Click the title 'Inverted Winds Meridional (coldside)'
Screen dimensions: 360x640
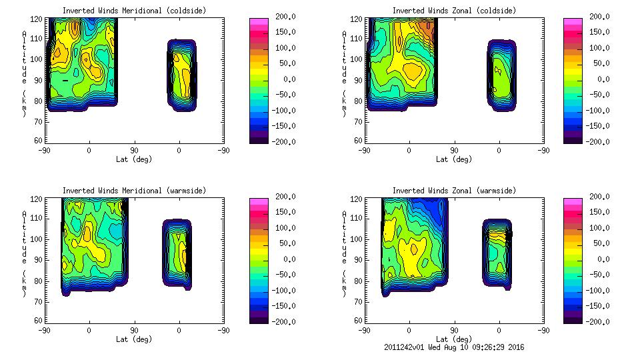point(134,11)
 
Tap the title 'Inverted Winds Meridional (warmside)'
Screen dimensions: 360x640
point(134,191)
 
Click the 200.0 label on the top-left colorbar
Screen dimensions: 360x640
point(285,17)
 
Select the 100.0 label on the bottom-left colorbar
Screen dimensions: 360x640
point(285,228)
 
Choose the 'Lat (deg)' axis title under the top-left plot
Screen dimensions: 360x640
point(134,159)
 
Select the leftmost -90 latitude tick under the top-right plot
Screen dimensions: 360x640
point(363,150)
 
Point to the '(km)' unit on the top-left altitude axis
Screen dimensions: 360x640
point(24,103)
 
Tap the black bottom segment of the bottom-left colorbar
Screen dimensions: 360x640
point(258,319)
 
